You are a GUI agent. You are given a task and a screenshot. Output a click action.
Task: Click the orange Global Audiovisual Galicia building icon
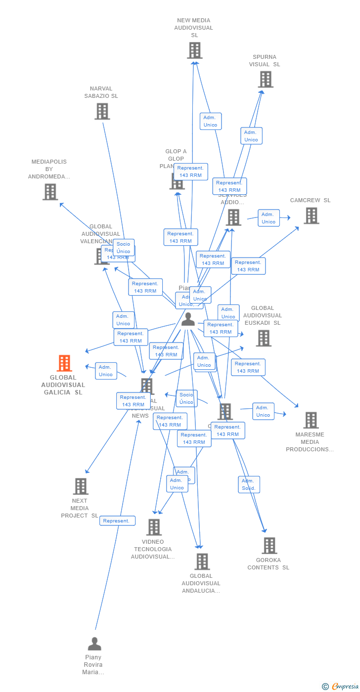64,363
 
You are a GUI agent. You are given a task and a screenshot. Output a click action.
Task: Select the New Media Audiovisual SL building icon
194,50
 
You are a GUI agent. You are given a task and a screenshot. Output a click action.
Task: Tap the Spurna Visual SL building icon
266,80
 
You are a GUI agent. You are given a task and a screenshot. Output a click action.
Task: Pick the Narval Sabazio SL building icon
102,112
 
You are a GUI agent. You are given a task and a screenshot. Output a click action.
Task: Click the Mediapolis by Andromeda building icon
50,192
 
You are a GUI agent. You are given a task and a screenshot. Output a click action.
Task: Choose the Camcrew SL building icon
311,216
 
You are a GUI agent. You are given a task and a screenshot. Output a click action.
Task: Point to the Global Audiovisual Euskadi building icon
264,338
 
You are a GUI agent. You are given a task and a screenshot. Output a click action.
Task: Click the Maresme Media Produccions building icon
311,420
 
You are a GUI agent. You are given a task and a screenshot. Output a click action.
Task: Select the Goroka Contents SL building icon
269,546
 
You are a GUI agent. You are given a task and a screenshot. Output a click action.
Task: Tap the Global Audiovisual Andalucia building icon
202,562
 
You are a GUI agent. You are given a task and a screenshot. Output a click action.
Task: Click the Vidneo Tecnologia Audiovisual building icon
154,527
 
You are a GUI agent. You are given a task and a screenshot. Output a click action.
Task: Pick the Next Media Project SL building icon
81,486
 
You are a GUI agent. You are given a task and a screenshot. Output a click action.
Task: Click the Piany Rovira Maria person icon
94,644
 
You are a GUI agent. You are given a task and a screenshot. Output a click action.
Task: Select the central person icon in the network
188,320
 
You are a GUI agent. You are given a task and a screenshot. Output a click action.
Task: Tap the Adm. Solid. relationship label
249,484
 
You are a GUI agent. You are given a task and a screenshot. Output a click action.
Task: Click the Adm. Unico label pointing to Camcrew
269,218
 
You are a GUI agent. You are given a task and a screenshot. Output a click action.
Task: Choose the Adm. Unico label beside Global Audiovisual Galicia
106,371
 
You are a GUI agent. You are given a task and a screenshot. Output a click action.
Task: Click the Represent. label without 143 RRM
117,520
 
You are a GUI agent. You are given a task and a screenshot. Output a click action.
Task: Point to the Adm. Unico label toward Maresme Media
263,411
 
